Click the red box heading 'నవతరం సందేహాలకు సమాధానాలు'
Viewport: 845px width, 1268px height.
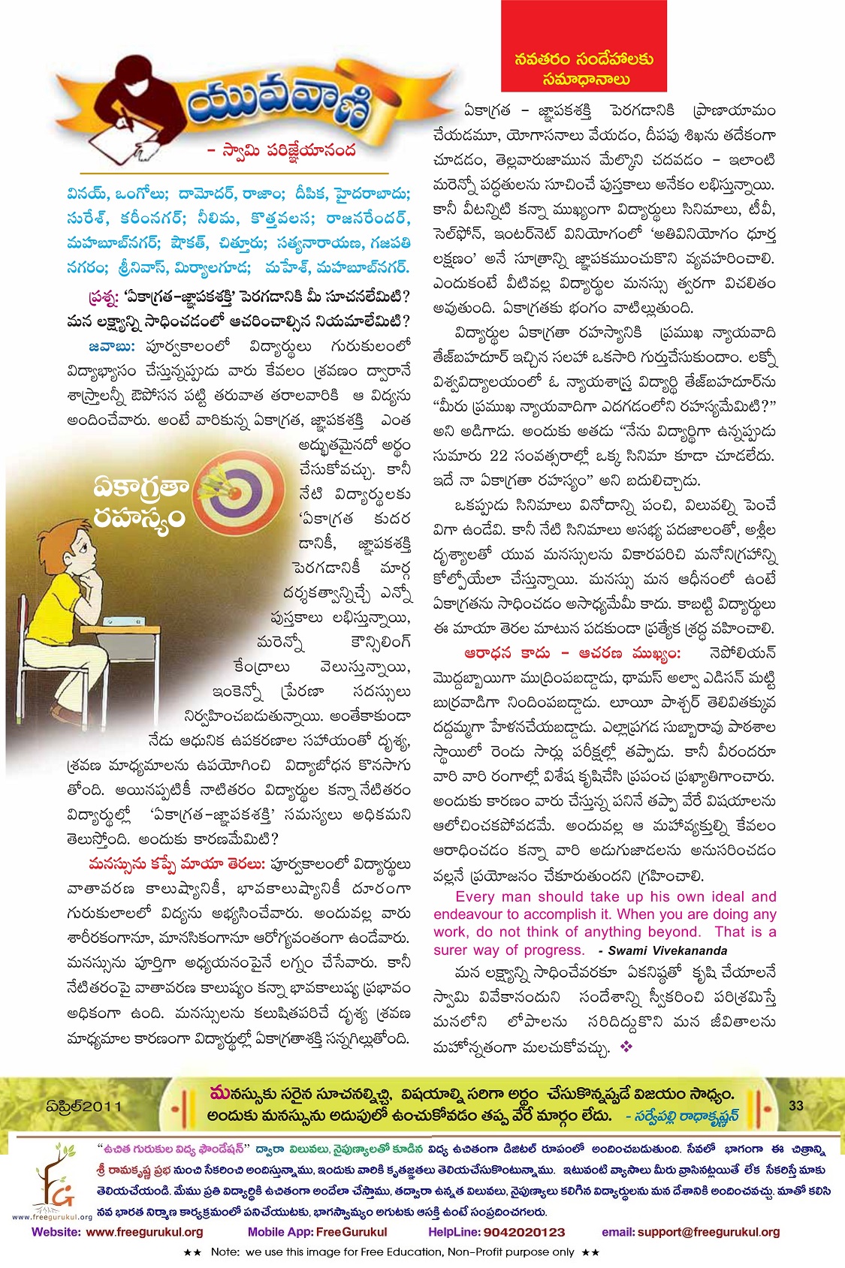point(584,68)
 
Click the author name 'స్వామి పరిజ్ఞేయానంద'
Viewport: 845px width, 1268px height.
point(282,150)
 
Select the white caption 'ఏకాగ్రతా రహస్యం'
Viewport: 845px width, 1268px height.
point(140,503)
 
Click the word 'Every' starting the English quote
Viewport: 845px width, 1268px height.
point(475,896)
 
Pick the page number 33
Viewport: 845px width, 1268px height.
point(796,1105)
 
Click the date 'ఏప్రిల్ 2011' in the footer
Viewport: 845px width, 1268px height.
point(83,1107)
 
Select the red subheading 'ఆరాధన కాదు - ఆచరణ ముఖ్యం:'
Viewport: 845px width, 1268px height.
point(572,653)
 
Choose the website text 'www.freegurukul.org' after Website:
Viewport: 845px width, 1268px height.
point(144,1232)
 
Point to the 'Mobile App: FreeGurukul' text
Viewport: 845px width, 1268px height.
point(317,1232)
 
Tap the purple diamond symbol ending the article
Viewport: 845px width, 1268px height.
point(626,1047)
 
